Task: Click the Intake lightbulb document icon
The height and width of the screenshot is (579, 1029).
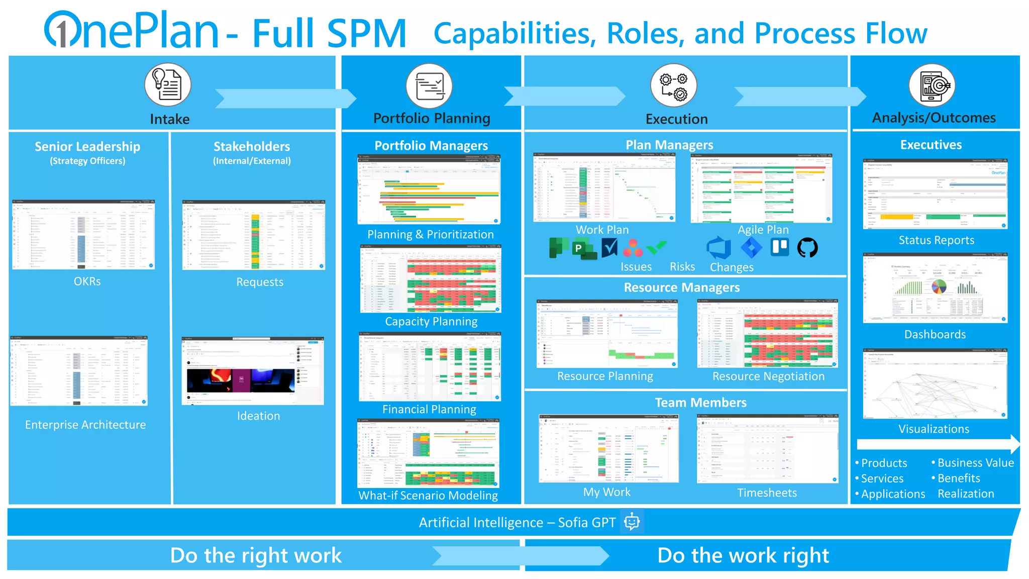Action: coord(168,84)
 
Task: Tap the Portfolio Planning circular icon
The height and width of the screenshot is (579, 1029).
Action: coord(429,85)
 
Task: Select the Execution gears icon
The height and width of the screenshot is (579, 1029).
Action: coord(673,85)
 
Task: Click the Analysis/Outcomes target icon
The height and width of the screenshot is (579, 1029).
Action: coord(932,85)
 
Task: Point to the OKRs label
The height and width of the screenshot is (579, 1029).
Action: coord(87,281)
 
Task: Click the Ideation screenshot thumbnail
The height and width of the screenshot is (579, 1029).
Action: coord(253,371)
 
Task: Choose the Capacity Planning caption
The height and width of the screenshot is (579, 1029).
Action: coord(431,322)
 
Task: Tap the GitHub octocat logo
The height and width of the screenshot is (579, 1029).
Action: coord(807,248)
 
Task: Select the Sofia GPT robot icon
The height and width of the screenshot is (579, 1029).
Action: coord(632,522)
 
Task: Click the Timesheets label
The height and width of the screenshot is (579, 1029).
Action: coord(767,493)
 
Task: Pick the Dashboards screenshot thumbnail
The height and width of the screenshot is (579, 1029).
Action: coord(935,288)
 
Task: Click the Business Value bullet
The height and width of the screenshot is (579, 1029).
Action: coord(975,463)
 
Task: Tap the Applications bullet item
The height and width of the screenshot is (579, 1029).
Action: coord(893,494)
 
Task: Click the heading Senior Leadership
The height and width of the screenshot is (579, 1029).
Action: coord(87,147)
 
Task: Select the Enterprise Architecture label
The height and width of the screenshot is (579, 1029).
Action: coord(85,425)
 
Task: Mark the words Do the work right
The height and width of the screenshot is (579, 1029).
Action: coord(743,556)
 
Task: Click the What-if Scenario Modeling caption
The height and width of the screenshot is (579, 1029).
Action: coord(428,496)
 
